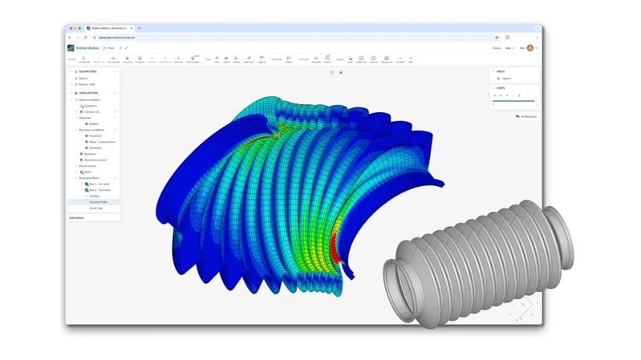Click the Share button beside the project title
(x=110, y=48)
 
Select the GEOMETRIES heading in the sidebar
(x=88, y=71)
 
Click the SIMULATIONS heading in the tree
(x=89, y=92)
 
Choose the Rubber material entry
(x=93, y=123)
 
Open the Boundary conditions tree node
(x=91, y=129)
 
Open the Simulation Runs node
(x=91, y=178)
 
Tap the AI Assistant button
(x=527, y=116)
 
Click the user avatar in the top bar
(x=530, y=48)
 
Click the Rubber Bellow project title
(x=87, y=48)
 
